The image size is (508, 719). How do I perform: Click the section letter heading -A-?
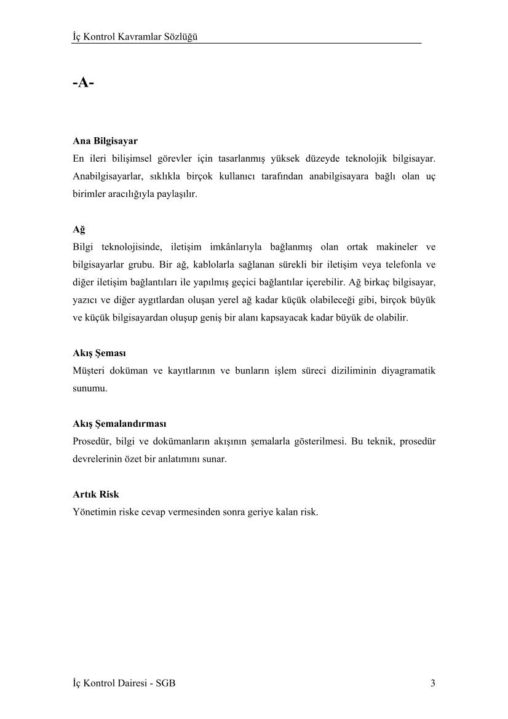click(x=83, y=82)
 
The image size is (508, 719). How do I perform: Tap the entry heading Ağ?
click(x=79, y=229)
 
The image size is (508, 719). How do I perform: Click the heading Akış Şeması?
click(x=99, y=354)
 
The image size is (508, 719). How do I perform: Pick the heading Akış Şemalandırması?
click(x=119, y=424)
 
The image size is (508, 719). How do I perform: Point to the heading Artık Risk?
click(x=96, y=494)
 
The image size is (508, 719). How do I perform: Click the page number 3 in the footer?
click(x=433, y=683)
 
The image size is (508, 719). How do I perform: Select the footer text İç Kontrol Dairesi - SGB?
click(x=124, y=683)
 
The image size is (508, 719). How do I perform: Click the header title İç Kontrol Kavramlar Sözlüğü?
click(x=135, y=37)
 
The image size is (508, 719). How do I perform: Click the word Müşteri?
click(x=89, y=371)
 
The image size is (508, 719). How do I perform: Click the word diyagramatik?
click(x=408, y=371)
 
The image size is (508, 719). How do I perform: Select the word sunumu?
click(x=90, y=389)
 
